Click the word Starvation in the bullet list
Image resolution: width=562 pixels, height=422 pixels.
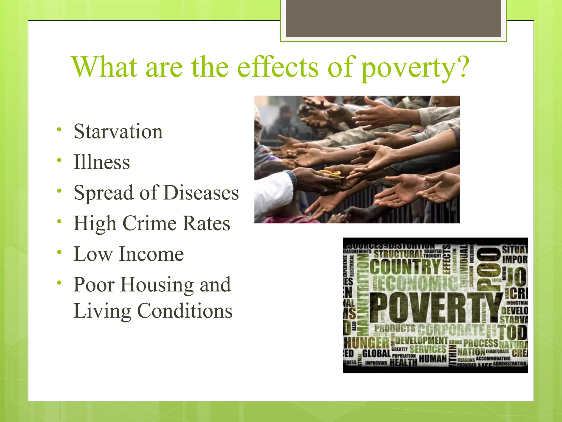[118, 132]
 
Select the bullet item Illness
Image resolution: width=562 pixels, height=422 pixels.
[102, 162]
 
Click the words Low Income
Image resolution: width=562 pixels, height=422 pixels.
[129, 254]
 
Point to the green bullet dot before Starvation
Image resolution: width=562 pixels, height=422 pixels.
[59, 129]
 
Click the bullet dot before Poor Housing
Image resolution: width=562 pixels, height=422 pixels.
[59, 282]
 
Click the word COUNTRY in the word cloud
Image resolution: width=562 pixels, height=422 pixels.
[405, 266]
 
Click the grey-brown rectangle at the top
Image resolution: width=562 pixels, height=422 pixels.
[393, 18]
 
